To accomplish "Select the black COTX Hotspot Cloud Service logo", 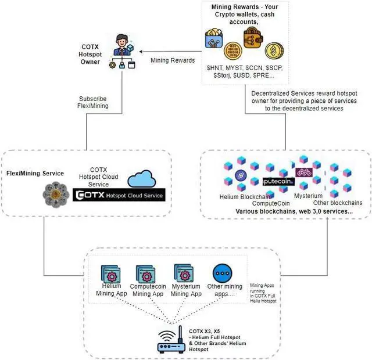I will click(x=120, y=195).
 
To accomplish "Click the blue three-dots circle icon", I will click(x=222, y=273).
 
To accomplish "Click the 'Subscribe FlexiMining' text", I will click(x=94, y=102).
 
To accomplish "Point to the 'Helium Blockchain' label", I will click(x=241, y=196).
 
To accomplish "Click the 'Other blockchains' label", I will click(x=337, y=203).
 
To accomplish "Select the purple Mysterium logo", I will click(x=304, y=172).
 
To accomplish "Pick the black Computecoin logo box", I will click(x=278, y=181).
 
